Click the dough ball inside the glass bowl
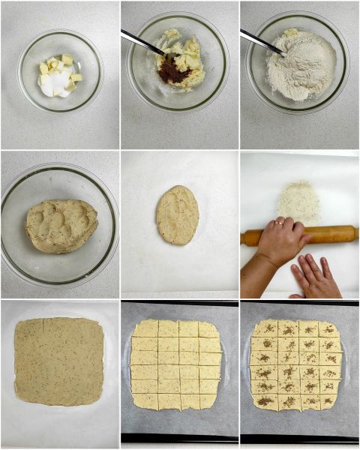pos(61,225)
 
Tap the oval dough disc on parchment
pos(178,214)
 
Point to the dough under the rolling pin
pos(299,202)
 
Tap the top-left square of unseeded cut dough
pos(145,329)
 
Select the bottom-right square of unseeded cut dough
pos(209,401)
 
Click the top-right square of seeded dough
pos(328,328)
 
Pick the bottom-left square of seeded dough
pos(264,401)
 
